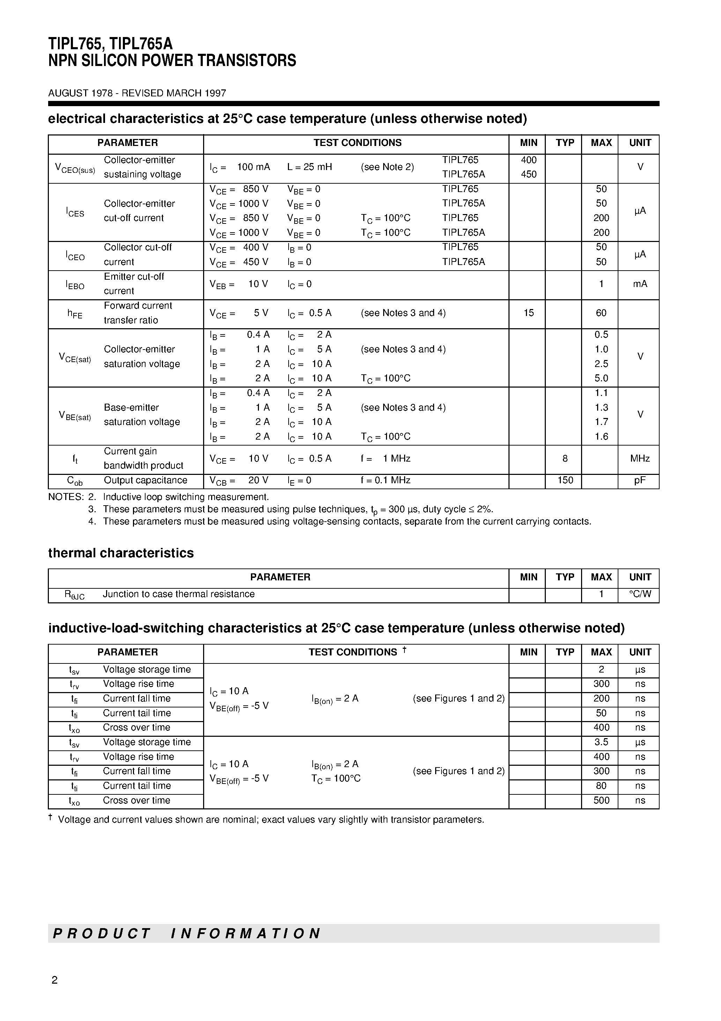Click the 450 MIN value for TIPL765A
[528, 174]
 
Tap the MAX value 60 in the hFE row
[601, 313]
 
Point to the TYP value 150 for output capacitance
[565, 480]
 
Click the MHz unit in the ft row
[640, 458]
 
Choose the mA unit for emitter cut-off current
[640, 284]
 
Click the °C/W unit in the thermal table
[640, 594]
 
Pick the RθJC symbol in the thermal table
[74, 595]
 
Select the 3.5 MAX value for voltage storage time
[601, 742]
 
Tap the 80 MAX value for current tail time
[601, 786]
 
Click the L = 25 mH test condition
[310, 167]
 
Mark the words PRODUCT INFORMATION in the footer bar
[187, 933]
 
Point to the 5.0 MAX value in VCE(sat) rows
[601, 379]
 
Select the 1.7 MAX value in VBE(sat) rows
[601, 422]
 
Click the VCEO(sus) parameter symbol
[75, 168]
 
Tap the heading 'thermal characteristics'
[121, 553]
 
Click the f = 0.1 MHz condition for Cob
[385, 480]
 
